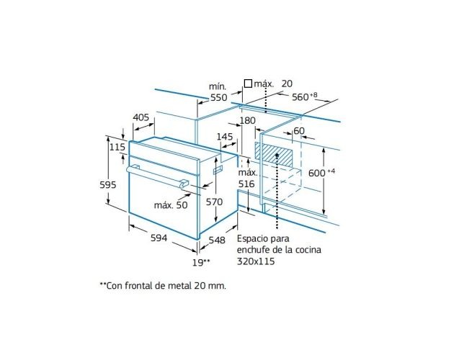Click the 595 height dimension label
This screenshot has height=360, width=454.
(107, 184)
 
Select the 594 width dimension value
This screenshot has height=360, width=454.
(159, 238)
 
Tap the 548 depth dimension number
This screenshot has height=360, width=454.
(217, 240)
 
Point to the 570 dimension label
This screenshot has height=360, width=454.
(214, 202)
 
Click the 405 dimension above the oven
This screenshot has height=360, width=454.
(141, 117)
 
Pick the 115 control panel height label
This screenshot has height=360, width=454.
(117, 147)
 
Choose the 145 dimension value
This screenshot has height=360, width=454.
(225, 137)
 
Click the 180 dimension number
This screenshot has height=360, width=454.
(248, 120)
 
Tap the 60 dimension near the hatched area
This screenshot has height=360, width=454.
(299, 131)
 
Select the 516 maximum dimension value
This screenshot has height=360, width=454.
(246, 184)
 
